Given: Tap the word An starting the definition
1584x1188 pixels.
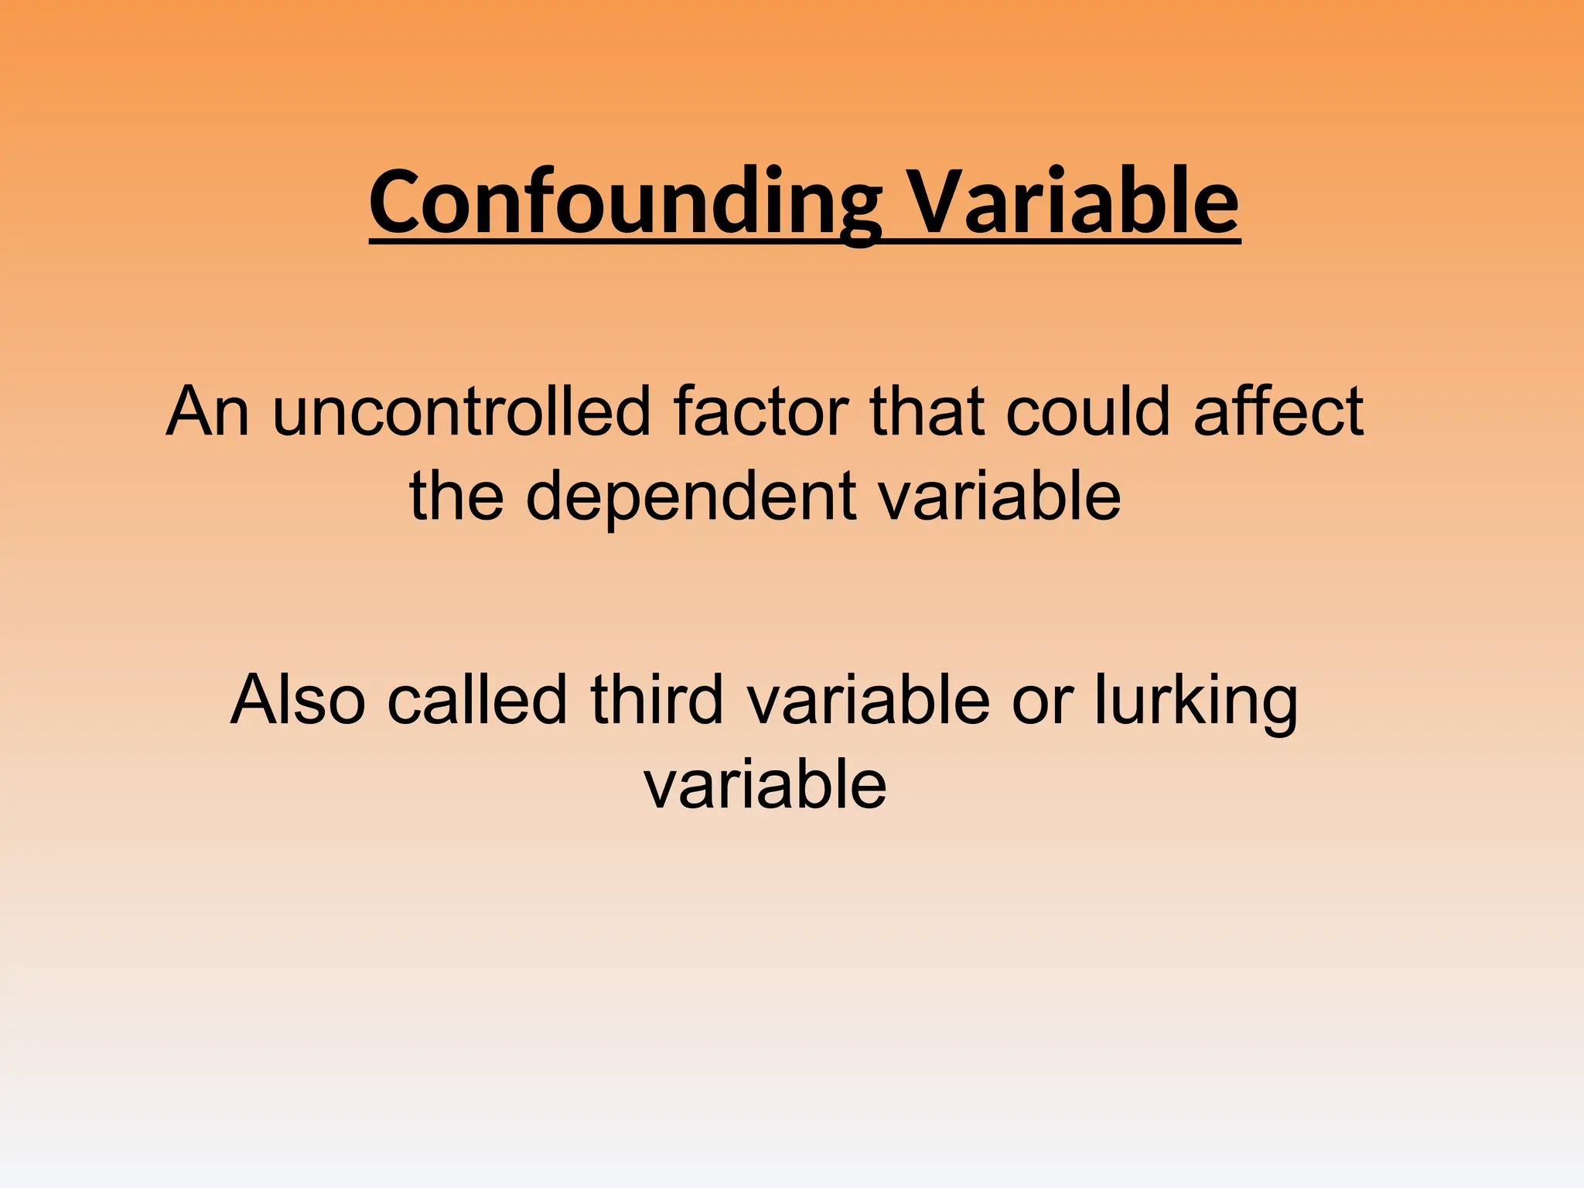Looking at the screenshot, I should (207, 411).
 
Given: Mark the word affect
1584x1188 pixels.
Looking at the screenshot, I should (1278, 411).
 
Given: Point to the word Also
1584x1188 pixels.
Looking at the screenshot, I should (298, 700).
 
